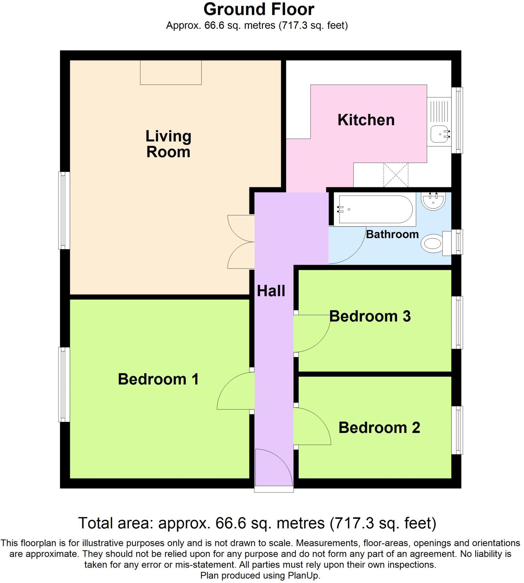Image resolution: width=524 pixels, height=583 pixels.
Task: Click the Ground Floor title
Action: [x=258, y=10]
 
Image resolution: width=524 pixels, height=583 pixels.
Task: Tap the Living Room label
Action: [x=168, y=144]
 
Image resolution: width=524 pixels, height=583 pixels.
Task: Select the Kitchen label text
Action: [x=366, y=120]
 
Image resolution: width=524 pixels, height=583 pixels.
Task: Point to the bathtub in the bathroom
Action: [x=375, y=209]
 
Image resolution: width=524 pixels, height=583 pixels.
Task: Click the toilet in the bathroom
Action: [x=432, y=243]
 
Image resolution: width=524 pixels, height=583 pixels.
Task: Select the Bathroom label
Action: [x=392, y=234]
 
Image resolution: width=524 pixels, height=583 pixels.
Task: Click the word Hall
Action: [x=271, y=291]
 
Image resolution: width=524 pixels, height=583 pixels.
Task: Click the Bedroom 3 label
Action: [x=370, y=316]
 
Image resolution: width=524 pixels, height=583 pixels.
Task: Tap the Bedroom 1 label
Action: [x=158, y=379]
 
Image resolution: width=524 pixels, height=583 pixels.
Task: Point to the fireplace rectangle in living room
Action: [x=171, y=73]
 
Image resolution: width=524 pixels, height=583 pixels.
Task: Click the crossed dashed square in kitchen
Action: [x=396, y=175]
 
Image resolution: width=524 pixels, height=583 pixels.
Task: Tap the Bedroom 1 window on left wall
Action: [x=64, y=384]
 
